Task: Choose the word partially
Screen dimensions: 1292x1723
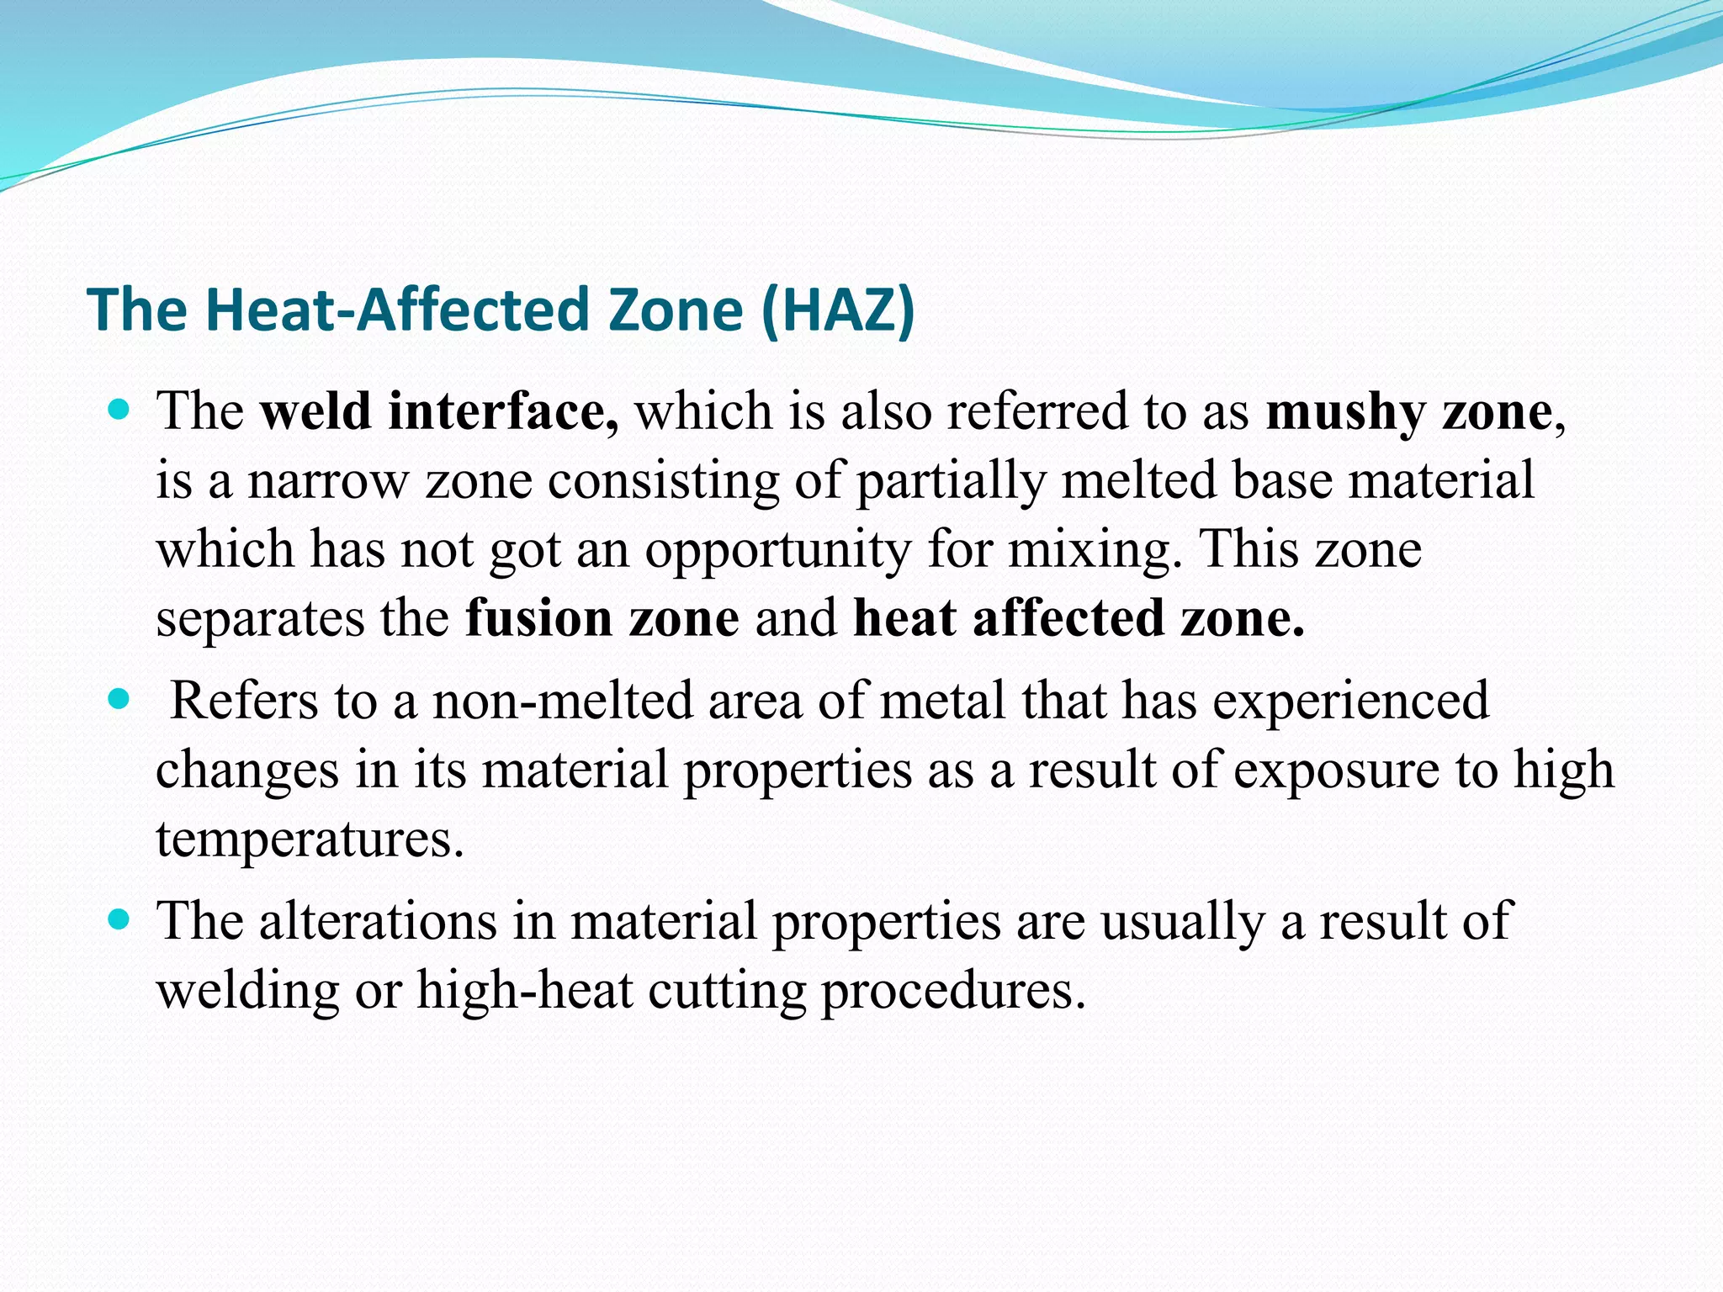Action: (x=952, y=481)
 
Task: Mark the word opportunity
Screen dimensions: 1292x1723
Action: (x=778, y=550)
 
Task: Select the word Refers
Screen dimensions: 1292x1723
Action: (x=244, y=701)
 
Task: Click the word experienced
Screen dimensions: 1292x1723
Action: (x=1351, y=701)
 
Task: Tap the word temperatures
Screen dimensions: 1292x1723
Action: (x=310, y=839)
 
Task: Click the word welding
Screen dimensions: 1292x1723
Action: (x=247, y=990)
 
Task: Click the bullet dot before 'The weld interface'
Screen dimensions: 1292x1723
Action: (x=119, y=411)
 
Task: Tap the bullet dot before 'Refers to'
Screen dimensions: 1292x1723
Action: (x=119, y=699)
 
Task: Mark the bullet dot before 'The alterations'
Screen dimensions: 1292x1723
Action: (x=119, y=919)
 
